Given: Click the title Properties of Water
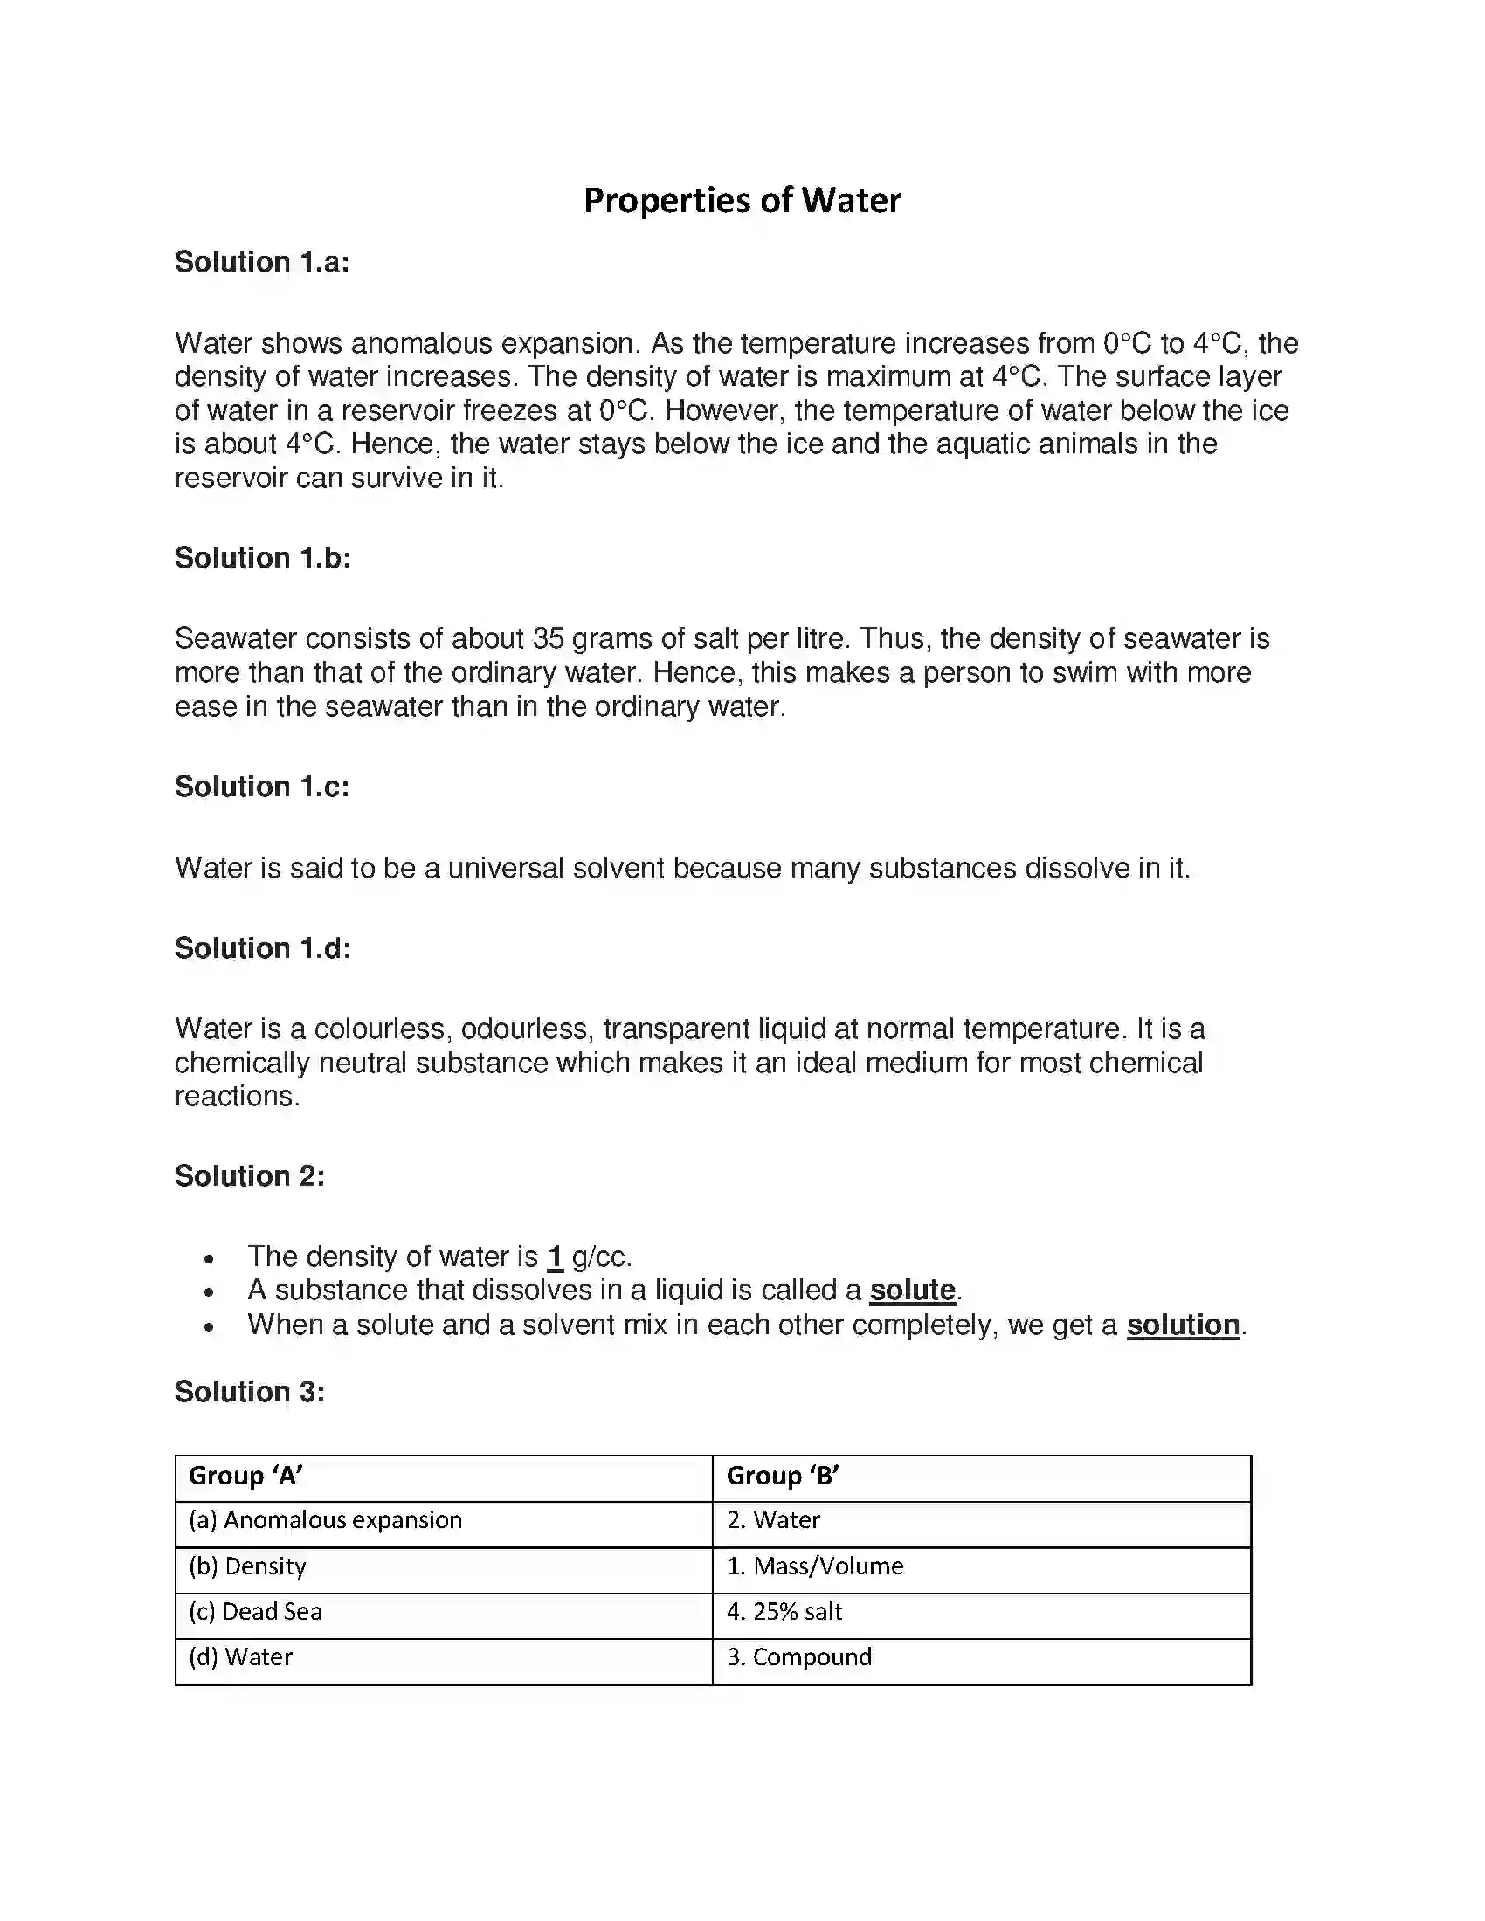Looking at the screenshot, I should (742, 201).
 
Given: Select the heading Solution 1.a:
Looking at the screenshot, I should (262, 262).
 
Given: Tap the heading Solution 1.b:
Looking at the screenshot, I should (262, 558).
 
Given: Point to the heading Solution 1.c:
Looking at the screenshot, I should (262, 787).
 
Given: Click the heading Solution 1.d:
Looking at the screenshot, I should (262, 948).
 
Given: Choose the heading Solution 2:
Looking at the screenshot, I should (250, 1176).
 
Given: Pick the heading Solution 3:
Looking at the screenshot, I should (250, 1392).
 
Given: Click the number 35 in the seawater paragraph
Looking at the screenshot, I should (547, 638).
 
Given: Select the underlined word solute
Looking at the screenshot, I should (912, 1291).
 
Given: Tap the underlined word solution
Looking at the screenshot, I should (1183, 1325).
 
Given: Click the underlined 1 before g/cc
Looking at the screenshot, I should (554, 1257).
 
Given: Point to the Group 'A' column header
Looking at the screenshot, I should (246, 1476).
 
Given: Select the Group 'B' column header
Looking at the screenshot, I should (782, 1476).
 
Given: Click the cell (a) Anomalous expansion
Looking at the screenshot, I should (326, 1521).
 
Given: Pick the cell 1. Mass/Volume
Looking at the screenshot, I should (815, 1566).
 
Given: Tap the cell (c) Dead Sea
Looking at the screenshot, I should (255, 1612).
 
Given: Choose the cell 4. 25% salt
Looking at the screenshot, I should (784, 1612).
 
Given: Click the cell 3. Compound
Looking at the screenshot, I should (798, 1657).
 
